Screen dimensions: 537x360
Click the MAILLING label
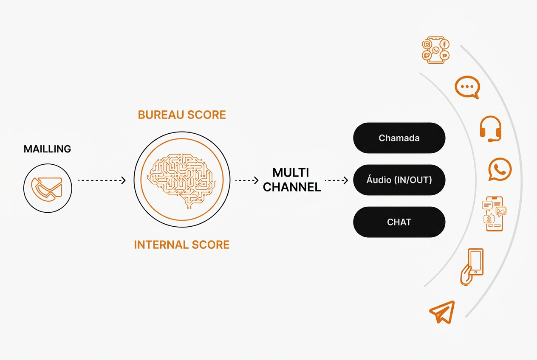coord(47,149)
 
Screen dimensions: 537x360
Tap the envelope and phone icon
coord(47,189)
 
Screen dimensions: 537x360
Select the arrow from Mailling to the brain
coord(102,180)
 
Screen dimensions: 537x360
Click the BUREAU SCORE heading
coord(182,115)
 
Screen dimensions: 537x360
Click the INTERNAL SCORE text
coord(182,245)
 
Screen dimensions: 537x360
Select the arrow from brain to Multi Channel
coord(247,180)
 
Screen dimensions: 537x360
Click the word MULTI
coord(291,173)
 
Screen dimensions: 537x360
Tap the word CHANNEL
coord(292,187)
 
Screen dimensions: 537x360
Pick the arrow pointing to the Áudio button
coord(336,180)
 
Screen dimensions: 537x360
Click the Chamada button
coord(399,138)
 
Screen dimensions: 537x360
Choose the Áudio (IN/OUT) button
coord(399,180)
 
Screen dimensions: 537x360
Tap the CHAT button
coord(399,222)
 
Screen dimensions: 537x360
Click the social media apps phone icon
coord(435,50)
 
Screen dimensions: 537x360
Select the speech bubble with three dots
coord(467,87)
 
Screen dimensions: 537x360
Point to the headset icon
coord(491,129)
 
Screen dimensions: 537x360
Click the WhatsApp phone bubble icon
coord(500,169)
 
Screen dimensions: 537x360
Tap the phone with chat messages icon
coord(494,214)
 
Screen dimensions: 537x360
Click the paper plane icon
coord(442,312)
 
